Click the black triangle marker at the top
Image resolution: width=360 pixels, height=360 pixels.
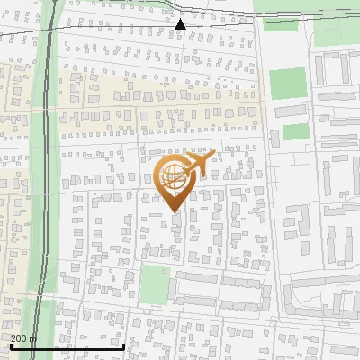tap(180, 24)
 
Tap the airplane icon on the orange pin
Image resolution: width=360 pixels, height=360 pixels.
tap(197, 164)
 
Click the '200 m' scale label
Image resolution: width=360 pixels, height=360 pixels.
tap(23, 337)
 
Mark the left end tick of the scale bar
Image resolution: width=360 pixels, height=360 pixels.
tap(11, 345)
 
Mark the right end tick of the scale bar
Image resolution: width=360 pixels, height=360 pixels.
tap(123, 345)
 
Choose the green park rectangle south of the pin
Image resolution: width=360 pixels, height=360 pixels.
tap(155, 285)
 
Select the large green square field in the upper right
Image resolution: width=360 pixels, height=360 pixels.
tap(288, 84)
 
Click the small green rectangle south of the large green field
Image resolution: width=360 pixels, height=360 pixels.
tap(295, 132)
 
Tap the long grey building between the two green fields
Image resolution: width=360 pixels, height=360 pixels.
tap(291, 112)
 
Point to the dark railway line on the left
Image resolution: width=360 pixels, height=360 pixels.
tap(44, 180)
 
